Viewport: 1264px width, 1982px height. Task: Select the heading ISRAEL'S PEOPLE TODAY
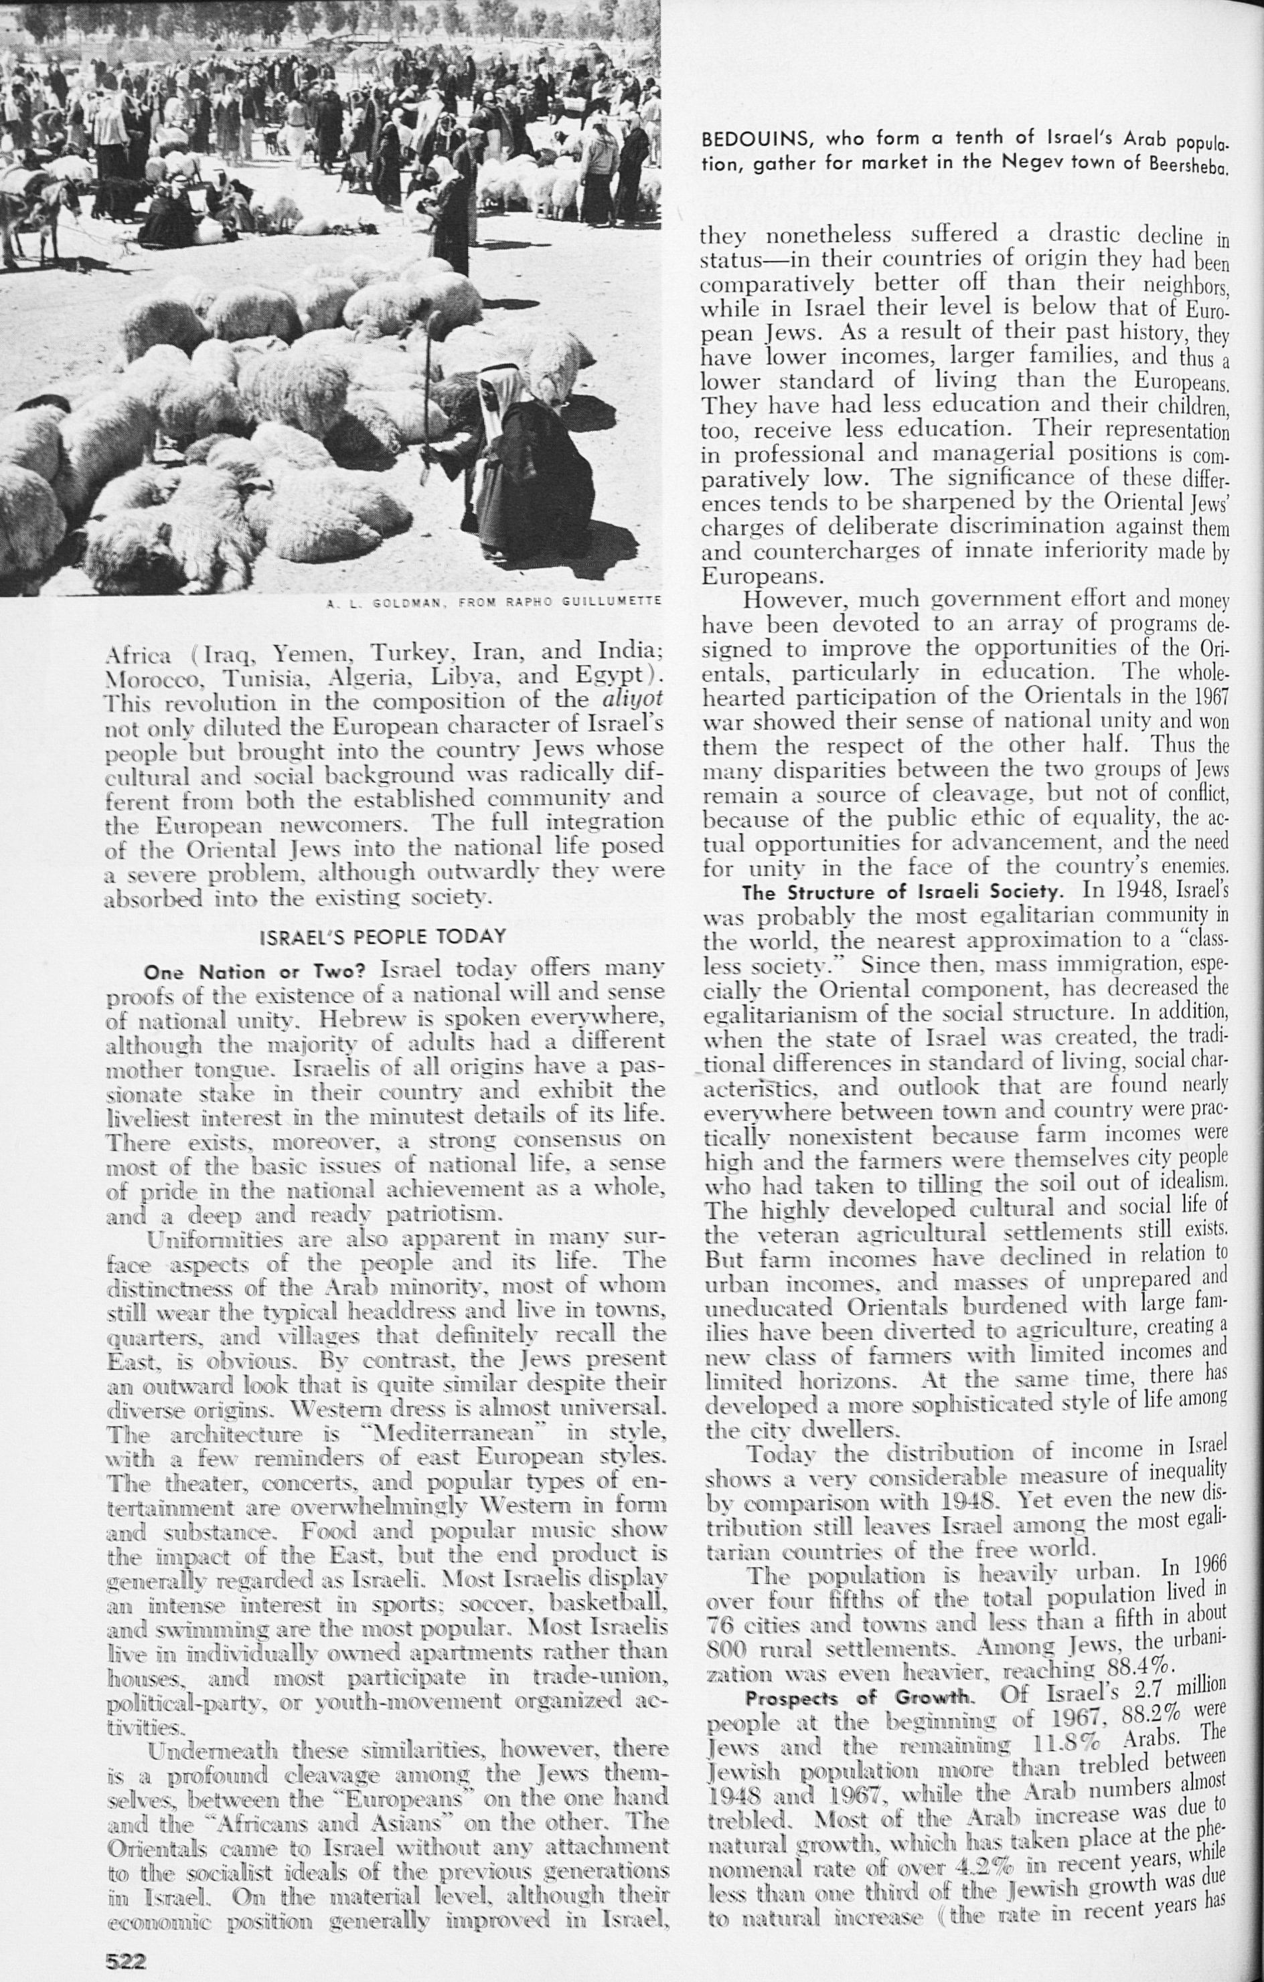coord(382,937)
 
